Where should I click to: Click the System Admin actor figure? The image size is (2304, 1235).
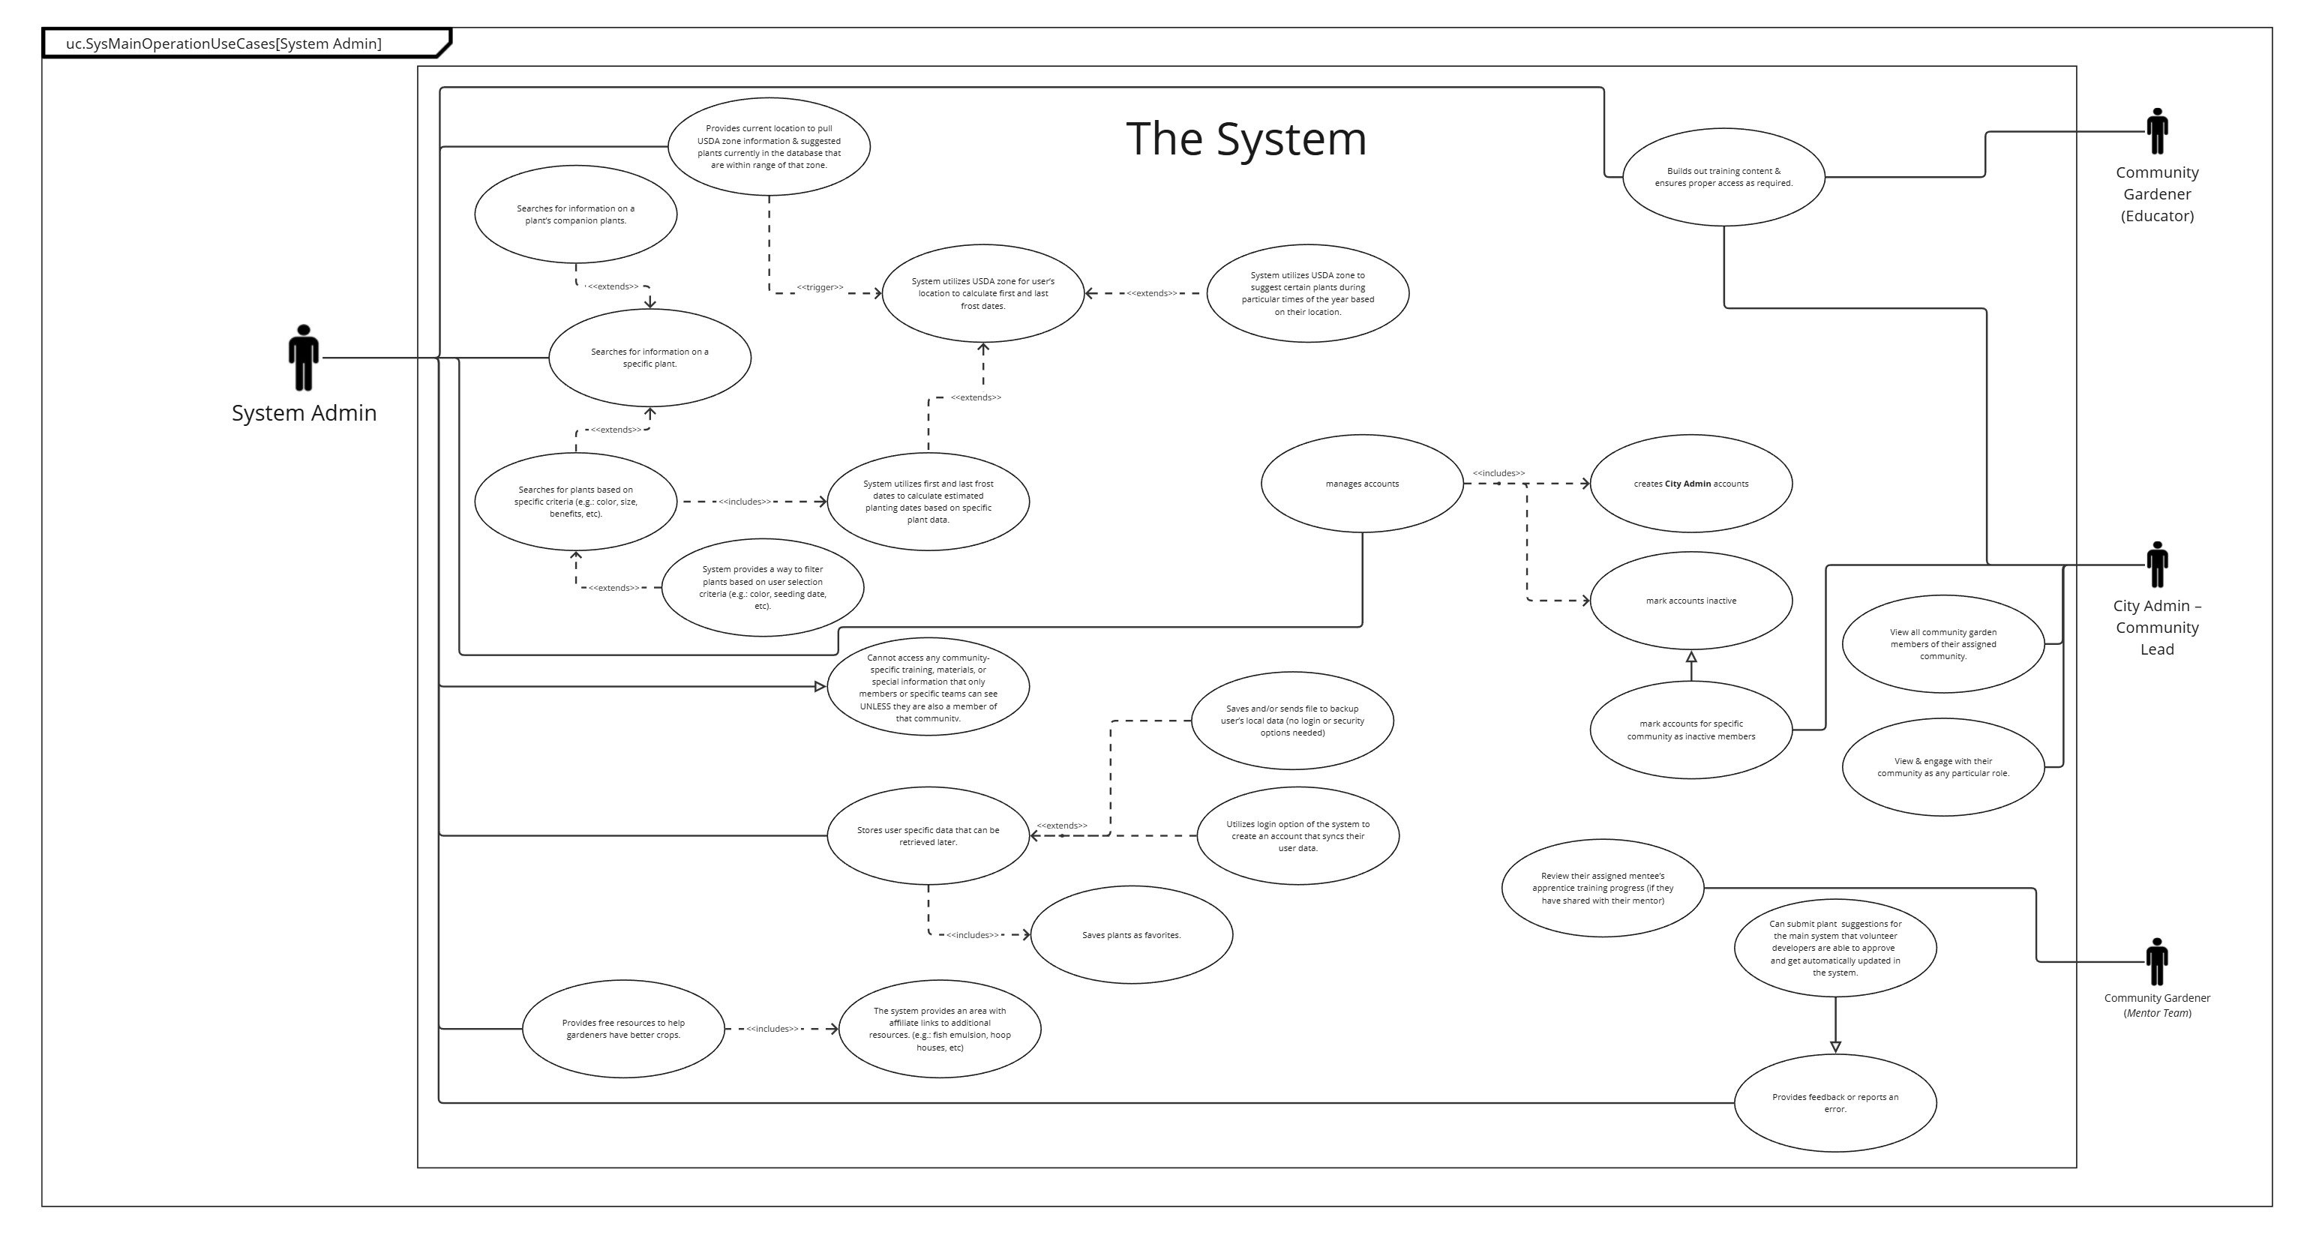303,357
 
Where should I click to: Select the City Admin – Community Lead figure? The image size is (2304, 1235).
2156,565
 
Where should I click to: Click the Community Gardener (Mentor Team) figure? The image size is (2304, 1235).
2156,961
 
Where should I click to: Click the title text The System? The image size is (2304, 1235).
1246,139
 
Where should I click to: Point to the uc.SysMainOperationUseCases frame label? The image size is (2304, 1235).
223,43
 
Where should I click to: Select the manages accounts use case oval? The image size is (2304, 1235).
1361,484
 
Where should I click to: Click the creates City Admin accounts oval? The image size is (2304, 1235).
1690,484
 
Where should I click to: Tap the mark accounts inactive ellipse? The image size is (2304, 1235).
1690,601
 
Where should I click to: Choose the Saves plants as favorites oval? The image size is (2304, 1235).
1132,934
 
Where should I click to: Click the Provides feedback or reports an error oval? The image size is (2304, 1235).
1834,1102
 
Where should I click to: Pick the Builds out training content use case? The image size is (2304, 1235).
1723,177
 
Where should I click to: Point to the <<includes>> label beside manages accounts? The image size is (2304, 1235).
1498,473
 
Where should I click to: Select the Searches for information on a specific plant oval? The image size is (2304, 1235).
649,358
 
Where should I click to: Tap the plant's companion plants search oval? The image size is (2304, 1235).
575,214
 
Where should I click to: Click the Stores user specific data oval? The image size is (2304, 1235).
928,836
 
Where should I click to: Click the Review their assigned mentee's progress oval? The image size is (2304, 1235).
1602,888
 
